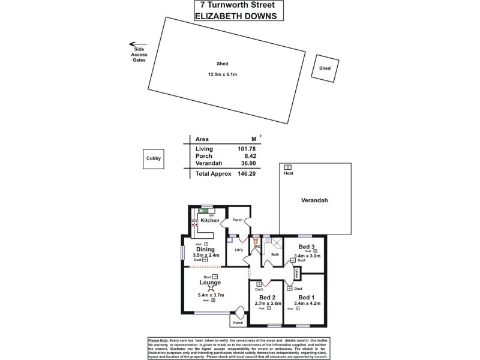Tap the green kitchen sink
pyautogui.click(x=206, y=211)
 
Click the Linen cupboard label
pyautogui.click(x=297, y=273)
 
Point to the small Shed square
pyautogui.click(x=325, y=69)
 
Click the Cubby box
pyautogui.click(x=153, y=158)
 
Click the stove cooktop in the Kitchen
pyautogui.click(x=194, y=221)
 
